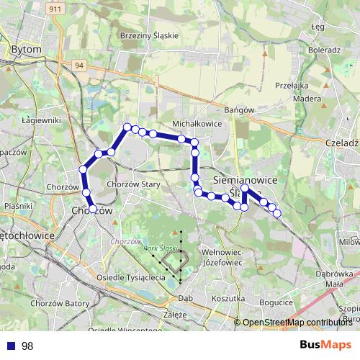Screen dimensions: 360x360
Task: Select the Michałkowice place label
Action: [x=196, y=124]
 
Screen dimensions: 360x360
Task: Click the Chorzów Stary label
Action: [x=133, y=184]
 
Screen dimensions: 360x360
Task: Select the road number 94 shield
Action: [x=79, y=65]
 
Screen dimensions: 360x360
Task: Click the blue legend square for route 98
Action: [x=10, y=346]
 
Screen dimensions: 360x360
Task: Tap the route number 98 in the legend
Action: [x=27, y=346]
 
